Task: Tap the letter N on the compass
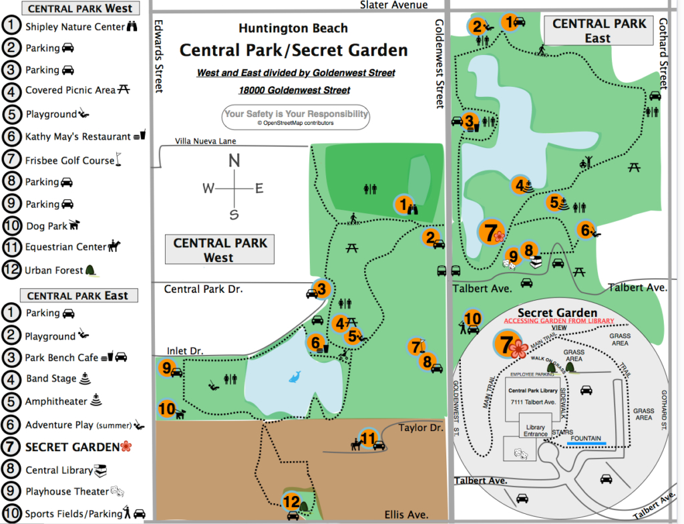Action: pyautogui.click(x=234, y=160)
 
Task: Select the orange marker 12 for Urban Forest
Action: pyautogui.click(x=291, y=501)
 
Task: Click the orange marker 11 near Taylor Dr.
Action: pyautogui.click(x=368, y=439)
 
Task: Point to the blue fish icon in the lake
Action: pyautogui.click(x=295, y=378)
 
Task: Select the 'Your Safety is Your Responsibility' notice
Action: pyautogui.click(x=296, y=116)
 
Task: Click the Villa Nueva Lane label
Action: pyautogui.click(x=206, y=141)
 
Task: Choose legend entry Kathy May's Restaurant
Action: pyautogui.click(x=77, y=136)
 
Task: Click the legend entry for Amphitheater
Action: pyautogui.click(x=56, y=402)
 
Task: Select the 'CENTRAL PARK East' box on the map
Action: pyautogui.click(x=598, y=31)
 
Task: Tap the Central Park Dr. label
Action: pyautogui.click(x=203, y=289)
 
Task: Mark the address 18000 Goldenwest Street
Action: pyautogui.click(x=294, y=90)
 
